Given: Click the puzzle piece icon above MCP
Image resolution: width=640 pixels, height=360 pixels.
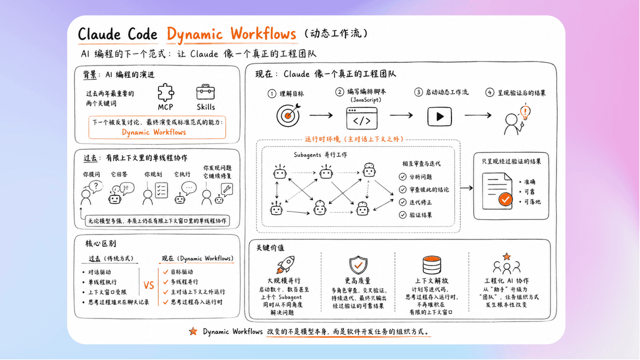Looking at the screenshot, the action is [165, 92].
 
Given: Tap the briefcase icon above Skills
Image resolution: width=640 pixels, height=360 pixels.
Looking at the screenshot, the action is [205, 92].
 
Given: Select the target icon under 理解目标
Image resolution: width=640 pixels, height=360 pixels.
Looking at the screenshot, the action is [288, 115].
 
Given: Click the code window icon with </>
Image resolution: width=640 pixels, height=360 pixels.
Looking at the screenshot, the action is [361, 118].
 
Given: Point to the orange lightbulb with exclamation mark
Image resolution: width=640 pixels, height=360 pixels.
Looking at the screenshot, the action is [525, 111].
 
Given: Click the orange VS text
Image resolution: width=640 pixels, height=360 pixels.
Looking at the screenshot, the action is [148, 285].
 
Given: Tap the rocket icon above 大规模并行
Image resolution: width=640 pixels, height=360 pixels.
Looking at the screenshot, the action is [285, 264].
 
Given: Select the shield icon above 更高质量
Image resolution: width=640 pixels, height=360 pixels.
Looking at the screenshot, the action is [358, 265].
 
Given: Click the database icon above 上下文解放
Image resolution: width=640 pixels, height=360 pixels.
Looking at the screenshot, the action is [431, 265].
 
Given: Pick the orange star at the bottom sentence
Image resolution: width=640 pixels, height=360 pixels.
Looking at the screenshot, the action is [193, 331].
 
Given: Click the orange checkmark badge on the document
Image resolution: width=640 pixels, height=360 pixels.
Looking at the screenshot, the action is [505, 199].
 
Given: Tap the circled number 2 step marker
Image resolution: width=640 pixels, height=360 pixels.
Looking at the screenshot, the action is [339, 92].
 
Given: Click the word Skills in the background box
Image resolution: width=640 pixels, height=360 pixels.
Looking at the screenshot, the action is [205, 107].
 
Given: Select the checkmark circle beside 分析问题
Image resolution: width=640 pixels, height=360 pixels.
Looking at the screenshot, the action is [402, 177].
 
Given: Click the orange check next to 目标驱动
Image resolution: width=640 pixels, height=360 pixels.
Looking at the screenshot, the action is [165, 271].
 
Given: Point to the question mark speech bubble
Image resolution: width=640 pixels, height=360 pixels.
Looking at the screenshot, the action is [96, 186].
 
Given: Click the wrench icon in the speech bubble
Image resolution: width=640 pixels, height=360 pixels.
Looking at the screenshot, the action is [227, 189].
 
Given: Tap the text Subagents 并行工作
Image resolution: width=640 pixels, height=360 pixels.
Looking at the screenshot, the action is [320, 155].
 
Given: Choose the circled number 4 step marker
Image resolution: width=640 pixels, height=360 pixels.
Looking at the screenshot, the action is [489, 92].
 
